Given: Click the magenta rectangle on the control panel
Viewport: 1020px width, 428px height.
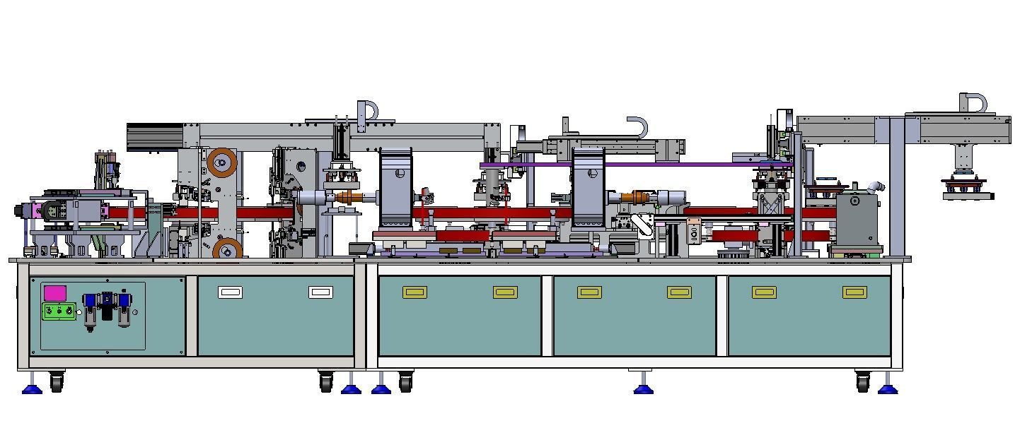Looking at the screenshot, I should [55, 293].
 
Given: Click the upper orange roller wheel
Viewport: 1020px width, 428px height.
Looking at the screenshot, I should [221, 164].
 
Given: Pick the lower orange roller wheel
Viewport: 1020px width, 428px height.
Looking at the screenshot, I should [227, 249].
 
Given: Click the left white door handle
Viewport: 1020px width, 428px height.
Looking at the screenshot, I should [230, 292].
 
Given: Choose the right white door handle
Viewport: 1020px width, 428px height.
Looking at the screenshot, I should [320, 292].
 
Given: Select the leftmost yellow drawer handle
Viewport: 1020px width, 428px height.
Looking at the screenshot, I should [415, 292].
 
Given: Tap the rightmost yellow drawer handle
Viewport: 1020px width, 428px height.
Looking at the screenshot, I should [854, 292].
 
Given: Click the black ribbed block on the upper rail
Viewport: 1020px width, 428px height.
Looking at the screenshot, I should [154, 136].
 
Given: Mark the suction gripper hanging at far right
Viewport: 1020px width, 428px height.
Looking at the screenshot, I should [964, 188].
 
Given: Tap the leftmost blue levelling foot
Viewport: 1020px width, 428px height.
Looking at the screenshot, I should [32, 388].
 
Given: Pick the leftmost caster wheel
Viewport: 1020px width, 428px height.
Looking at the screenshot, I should [57, 383].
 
